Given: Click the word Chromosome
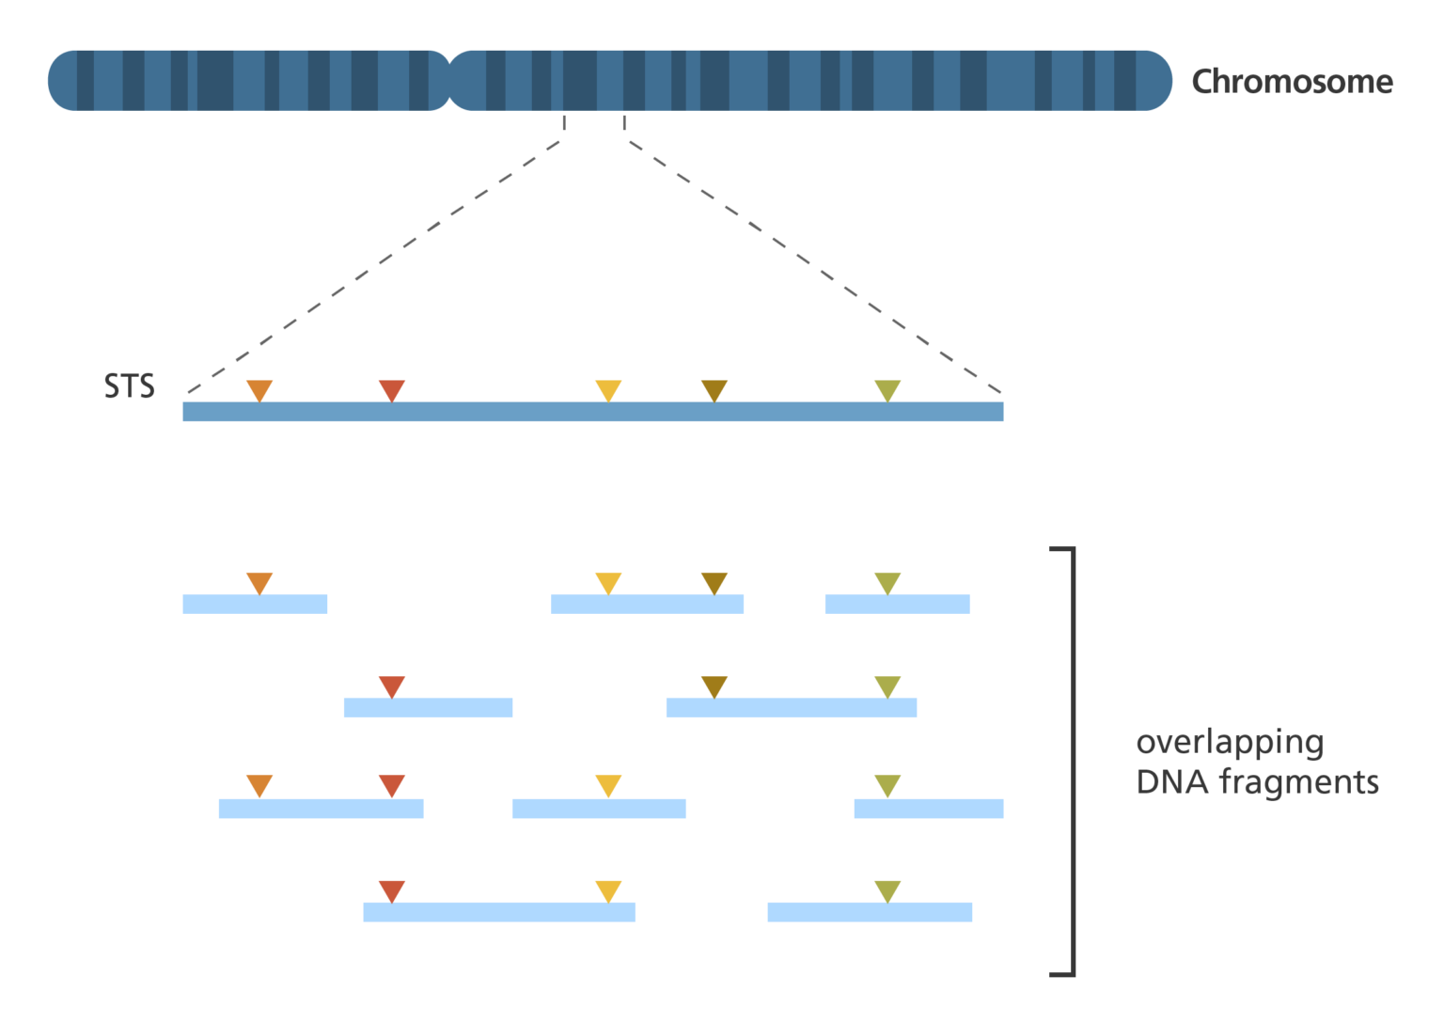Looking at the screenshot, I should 1292,83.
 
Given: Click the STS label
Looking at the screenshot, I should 129,386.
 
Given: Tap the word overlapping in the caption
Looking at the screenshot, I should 1230,742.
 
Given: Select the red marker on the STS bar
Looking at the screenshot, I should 391,389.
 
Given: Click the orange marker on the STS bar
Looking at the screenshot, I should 259,389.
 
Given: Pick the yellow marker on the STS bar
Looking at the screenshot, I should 608,389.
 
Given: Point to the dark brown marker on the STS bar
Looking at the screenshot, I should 714,389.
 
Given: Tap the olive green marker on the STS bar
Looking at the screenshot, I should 887,389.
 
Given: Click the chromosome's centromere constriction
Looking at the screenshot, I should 450,81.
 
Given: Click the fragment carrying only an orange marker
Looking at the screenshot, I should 255,604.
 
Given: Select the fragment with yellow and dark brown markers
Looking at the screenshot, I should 647,604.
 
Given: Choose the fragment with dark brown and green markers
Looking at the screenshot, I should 791,708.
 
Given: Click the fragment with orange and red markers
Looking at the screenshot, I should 321,809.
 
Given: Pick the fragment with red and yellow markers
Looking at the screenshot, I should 499,912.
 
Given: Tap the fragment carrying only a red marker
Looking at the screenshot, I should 428,708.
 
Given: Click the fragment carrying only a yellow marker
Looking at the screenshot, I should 599,809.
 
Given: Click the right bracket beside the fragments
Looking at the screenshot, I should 1072,762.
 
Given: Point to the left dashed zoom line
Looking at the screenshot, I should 376,265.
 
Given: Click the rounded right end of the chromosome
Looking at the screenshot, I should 1158,81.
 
